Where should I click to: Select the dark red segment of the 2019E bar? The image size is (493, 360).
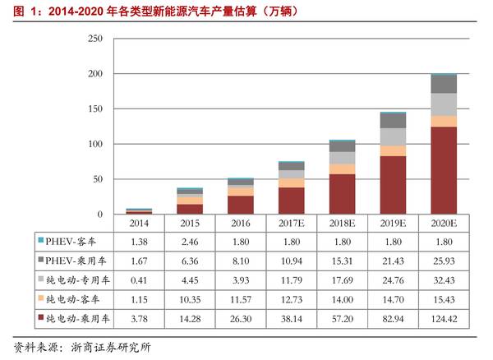tap(393, 185)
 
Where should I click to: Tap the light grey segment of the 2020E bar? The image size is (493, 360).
tap(444, 104)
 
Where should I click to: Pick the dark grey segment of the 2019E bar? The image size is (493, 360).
tap(393, 120)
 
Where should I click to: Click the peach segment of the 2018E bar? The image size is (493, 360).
tap(342, 168)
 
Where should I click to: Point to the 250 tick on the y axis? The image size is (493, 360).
tap(94, 39)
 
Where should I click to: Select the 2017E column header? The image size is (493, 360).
tap(291, 223)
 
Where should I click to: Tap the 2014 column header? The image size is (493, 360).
tap(138, 223)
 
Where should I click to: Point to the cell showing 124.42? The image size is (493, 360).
tap(444, 316)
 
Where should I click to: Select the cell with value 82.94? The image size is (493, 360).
tap(393, 316)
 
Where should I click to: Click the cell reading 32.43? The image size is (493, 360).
tap(444, 279)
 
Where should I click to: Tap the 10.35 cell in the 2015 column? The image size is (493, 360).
tap(189, 298)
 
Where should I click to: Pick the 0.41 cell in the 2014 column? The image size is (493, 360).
tap(138, 279)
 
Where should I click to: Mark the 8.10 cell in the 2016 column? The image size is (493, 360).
tap(240, 260)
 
